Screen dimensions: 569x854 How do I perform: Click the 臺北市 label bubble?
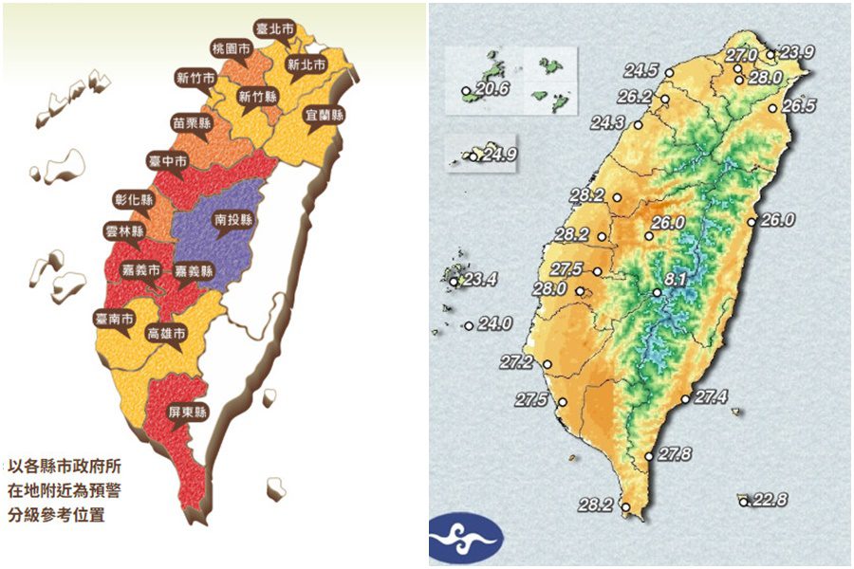[276, 28]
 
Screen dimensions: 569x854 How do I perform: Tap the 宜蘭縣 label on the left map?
[325, 114]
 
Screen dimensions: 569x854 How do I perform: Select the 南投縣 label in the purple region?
[233, 218]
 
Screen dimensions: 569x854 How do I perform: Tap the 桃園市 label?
[231, 48]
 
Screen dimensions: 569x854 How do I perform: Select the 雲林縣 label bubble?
[124, 231]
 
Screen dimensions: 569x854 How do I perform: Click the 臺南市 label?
[114, 319]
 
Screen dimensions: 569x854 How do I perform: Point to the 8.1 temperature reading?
[675, 280]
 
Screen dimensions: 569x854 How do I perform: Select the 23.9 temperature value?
[796, 52]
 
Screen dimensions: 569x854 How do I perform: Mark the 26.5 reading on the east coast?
[799, 105]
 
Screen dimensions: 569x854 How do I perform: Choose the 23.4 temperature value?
[480, 279]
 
